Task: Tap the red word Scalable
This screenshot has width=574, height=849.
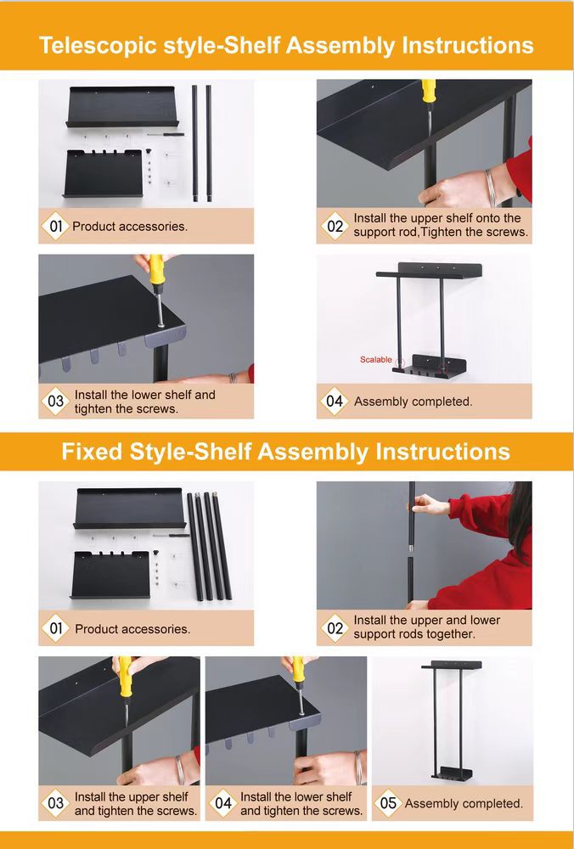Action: pos(376,359)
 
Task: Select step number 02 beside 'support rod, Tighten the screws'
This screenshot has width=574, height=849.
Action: pos(335,226)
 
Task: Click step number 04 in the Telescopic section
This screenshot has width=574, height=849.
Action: pos(334,402)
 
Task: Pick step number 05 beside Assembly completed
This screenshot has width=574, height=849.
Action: pos(388,802)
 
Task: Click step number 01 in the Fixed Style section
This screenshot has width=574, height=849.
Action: pos(56,628)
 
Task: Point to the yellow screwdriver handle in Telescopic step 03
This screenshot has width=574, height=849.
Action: pos(156,270)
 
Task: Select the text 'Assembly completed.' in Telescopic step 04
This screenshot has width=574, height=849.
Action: pos(414,402)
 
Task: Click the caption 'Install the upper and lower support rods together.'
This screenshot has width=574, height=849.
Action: pos(427,627)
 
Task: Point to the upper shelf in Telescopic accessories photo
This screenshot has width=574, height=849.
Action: pos(121,106)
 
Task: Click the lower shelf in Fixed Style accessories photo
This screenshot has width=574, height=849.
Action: pos(110,575)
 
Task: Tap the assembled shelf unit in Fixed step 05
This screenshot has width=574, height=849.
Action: pos(452,721)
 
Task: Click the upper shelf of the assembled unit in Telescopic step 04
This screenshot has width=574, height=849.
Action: pos(429,270)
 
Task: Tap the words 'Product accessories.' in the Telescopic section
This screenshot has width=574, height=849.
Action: pos(130,227)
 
